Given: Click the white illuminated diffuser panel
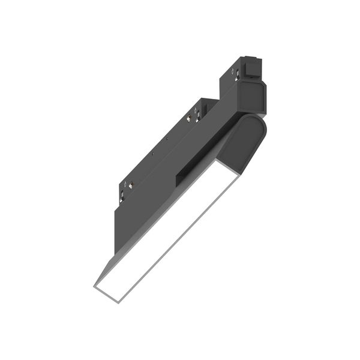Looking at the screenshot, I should coord(168,231).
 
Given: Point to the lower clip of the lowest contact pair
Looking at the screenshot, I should coord(123,194).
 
